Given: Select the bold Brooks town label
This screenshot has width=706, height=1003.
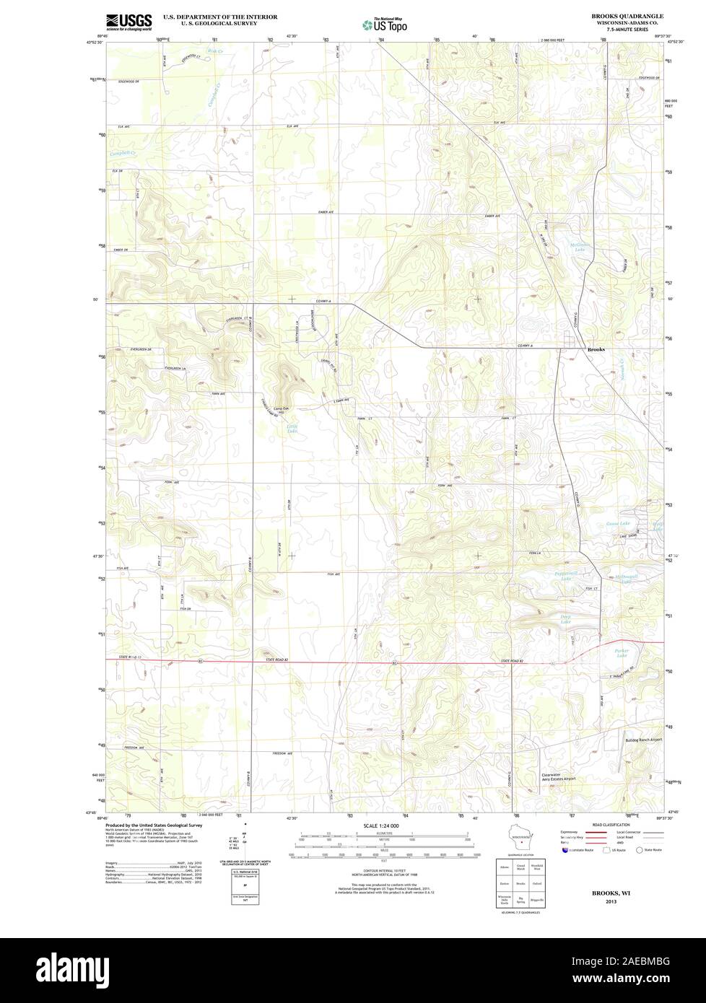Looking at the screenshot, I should coord(596,349).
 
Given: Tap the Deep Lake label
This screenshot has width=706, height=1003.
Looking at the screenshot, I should coord(566,618).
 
